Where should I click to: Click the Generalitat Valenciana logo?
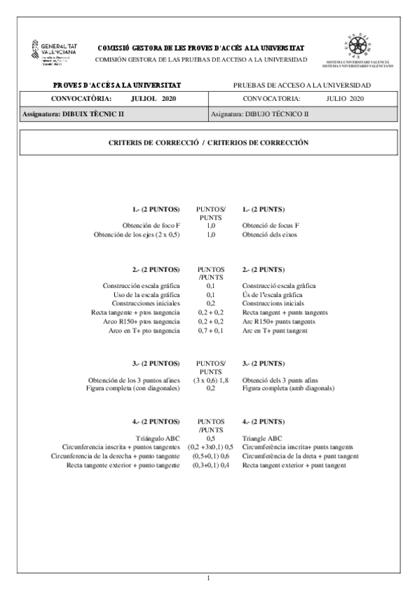[x=54, y=52]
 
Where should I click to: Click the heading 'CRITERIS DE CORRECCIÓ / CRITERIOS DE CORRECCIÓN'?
[x=208, y=142]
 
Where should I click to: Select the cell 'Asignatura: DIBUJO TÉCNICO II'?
[x=259, y=113]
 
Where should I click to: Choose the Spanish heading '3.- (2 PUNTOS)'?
[x=156, y=363]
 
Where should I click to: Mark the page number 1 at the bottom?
[x=208, y=578]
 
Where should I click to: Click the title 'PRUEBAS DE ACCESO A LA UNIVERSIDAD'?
[x=301, y=85]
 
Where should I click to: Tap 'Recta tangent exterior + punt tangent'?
[x=294, y=464]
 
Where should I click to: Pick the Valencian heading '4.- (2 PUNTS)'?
[x=263, y=421]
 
